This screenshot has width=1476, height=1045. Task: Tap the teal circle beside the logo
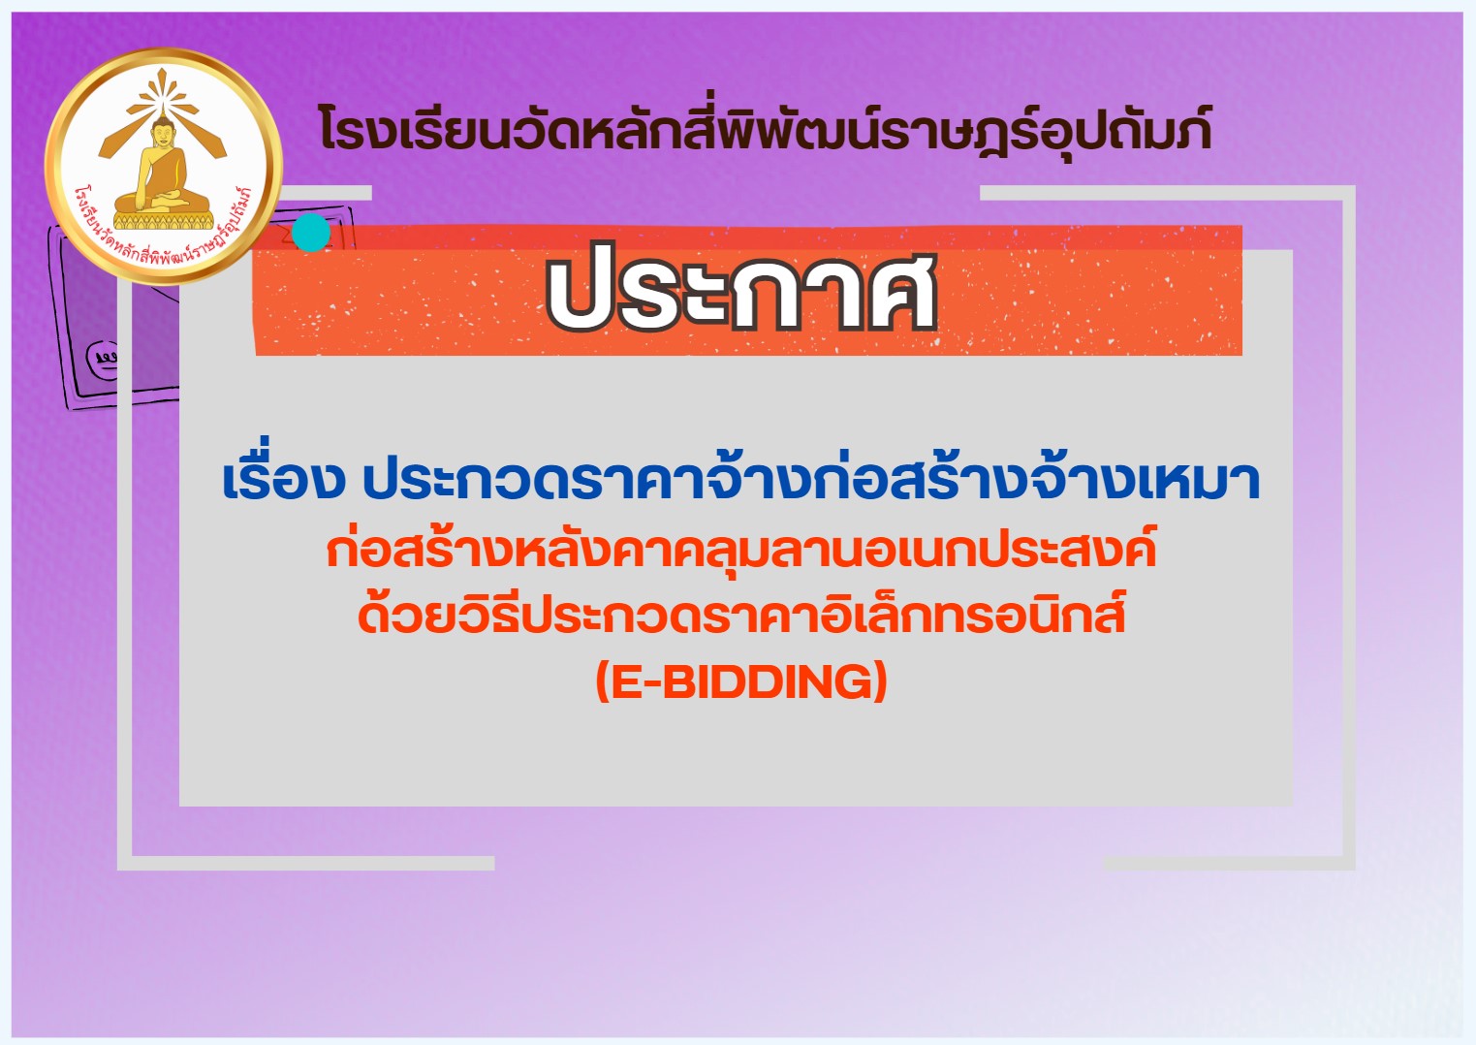tap(310, 232)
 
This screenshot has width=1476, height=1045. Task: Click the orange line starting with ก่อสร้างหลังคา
tap(741, 551)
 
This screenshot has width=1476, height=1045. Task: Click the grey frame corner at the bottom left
tap(125, 862)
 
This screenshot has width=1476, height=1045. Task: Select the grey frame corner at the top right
tap(1348, 192)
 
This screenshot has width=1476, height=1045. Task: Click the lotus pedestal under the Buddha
tap(163, 216)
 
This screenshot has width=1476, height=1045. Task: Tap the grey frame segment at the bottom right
tap(1230, 863)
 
